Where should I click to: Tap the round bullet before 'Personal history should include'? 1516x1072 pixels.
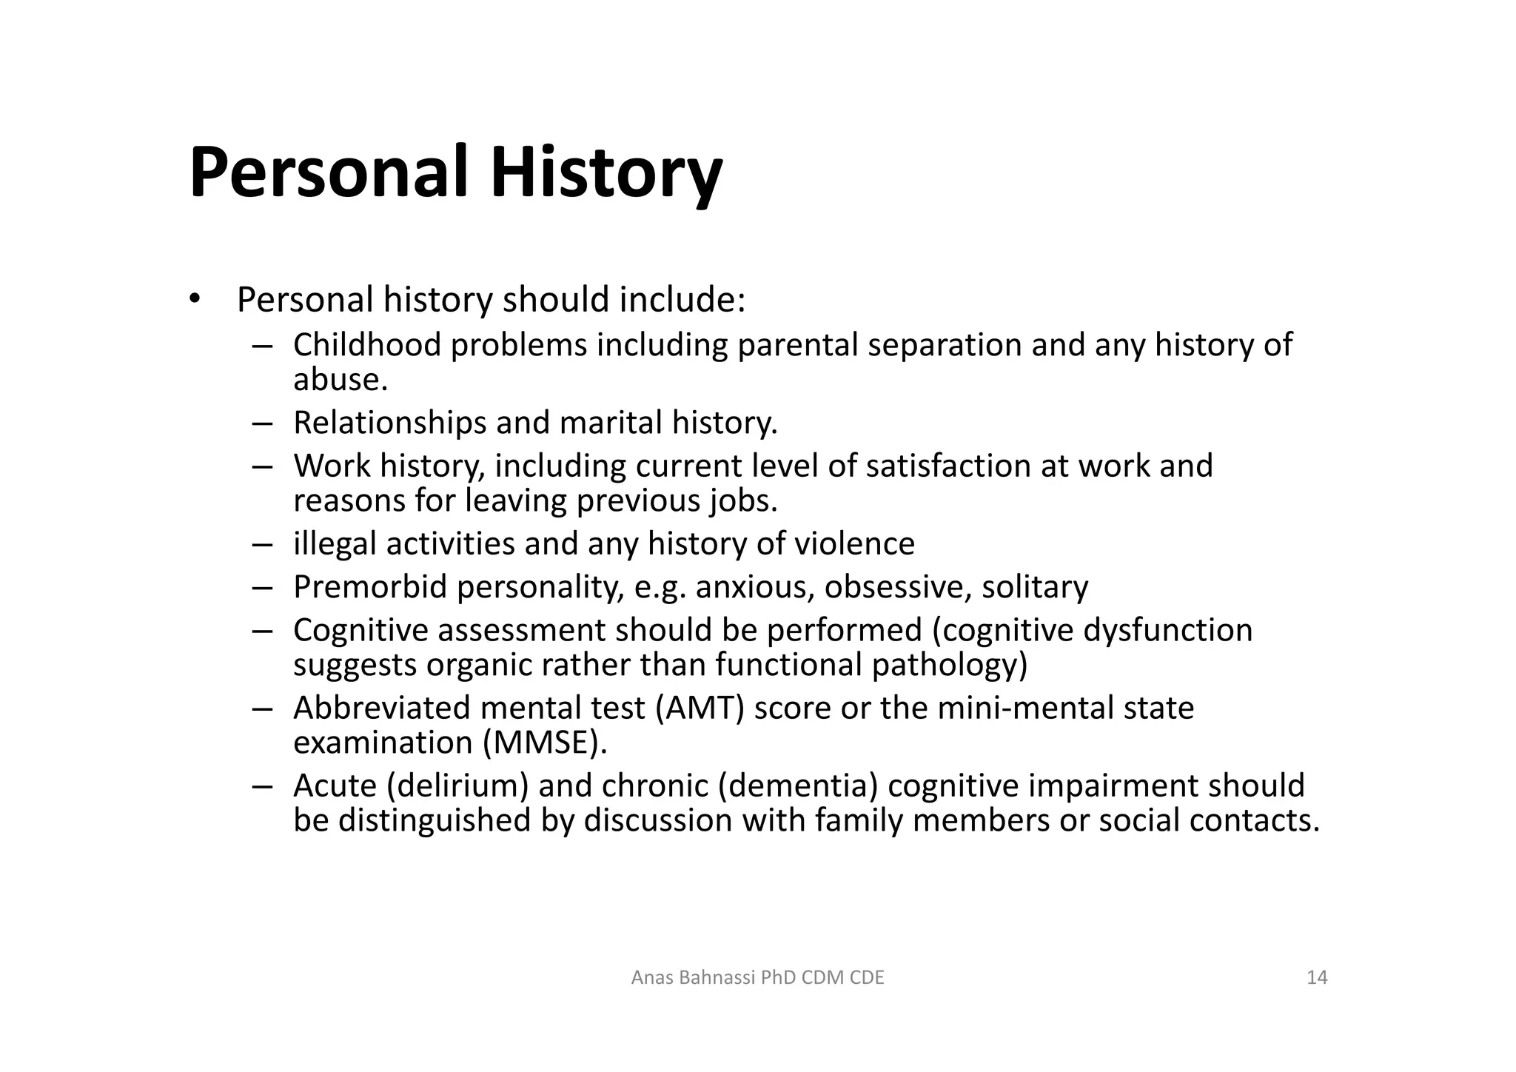[194, 299]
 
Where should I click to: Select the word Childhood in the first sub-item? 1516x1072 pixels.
[367, 345]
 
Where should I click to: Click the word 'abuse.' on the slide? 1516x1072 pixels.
[341, 380]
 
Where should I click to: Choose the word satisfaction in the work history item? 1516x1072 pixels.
[948, 466]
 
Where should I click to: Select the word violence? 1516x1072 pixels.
[854, 543]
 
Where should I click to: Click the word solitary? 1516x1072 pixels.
[1035, 587]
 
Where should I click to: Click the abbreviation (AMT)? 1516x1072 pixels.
[700, 708]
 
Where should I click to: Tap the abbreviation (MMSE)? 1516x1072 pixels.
[545, 743]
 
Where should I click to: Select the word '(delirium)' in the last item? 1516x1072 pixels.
[457, 785]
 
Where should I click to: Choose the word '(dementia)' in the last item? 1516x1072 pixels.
[798, 785]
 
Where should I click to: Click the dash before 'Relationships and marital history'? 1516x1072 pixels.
[262, 423]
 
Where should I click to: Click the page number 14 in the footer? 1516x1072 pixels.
[1317, 978]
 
